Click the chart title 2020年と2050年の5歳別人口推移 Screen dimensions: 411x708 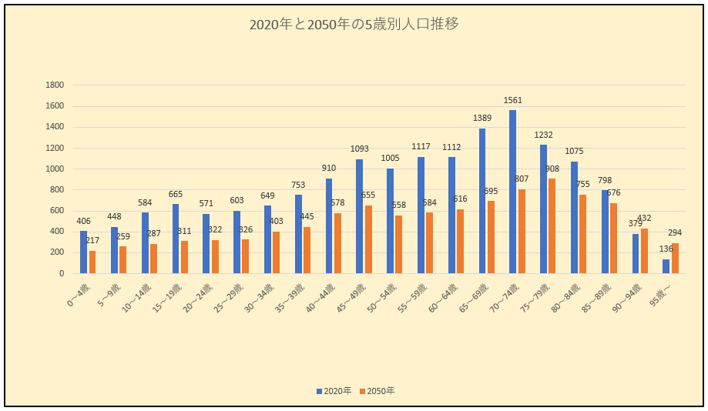pos(354,25)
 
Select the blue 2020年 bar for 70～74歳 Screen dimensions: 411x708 pos(513,192)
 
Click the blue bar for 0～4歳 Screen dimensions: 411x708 pos(83,252)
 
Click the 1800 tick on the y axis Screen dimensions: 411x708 pos(55,85)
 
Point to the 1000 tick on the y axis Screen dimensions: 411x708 pos(55,169)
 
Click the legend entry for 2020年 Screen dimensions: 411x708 pos(334,391)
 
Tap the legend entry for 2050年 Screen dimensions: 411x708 pos(378,391)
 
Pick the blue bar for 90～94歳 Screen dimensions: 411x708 pos(636,253)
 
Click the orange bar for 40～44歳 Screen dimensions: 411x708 pos(337,243)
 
